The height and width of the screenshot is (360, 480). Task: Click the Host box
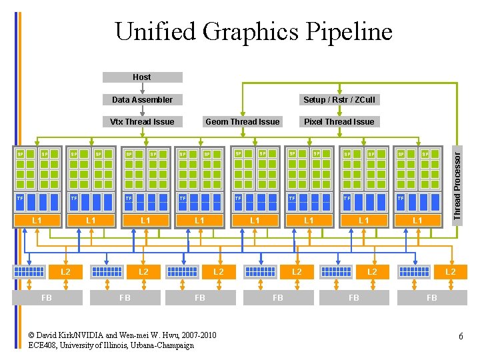[x=142, y=77]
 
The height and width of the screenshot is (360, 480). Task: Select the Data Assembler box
[x=142, y=100]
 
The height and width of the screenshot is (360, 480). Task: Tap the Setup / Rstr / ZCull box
[x=339, y=100]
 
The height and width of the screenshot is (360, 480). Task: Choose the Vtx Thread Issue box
[x=142, y=121]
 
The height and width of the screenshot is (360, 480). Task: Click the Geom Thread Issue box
[x=243, y=121]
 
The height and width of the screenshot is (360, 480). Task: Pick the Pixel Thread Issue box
[x=339, y=121]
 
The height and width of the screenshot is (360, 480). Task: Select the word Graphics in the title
[x=250, y=31]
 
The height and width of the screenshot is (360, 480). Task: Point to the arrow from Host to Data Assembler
[x=142, y=88]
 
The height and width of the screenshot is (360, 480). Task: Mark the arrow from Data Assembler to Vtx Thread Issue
[x=142, y=111]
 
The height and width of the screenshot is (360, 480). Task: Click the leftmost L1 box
[x=37, y=220]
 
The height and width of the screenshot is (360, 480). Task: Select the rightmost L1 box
[x=417, y=220]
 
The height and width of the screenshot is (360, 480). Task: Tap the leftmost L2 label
[x=65, y=272]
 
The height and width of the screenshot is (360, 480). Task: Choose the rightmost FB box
[x=431, y=298]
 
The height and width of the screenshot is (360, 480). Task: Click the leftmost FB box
[x=47, y=298]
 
